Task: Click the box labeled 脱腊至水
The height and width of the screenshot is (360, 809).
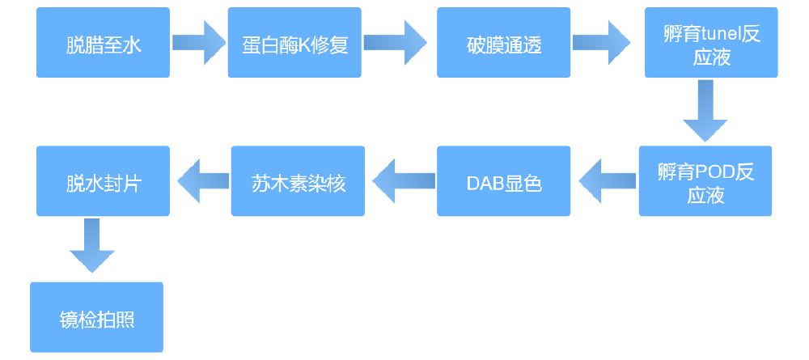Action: point(104,43)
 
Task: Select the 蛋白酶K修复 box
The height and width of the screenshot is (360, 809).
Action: point(294,43)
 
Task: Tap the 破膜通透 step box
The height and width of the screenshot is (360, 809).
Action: point(503,43)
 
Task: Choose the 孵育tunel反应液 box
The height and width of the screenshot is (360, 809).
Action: point(711,43)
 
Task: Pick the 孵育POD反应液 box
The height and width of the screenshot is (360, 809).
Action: point(705,180)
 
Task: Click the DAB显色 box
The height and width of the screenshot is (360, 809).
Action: point(503,180)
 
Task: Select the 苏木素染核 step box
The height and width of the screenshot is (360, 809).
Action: point(298,180)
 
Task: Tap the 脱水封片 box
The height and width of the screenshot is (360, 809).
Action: point(104,180)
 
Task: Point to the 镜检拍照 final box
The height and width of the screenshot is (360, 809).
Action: point(97,317)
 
